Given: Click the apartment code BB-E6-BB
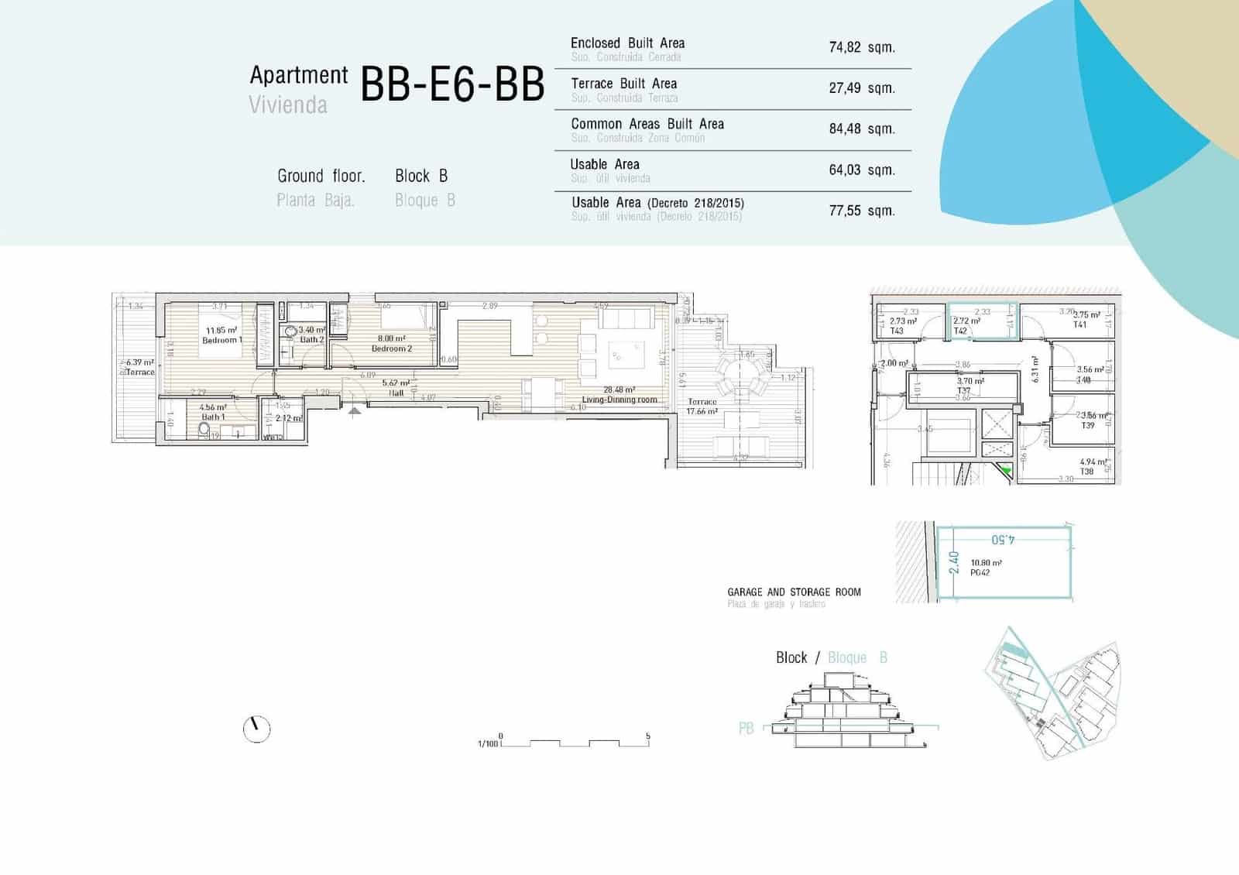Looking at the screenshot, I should (x=452, y=84).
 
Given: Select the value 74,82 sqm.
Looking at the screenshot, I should (x=861, y=47).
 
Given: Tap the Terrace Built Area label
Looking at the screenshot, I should (x=623, y=84).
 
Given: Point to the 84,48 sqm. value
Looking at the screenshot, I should (x=861, y=129).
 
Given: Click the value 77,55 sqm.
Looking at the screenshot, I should (x=861, y=211).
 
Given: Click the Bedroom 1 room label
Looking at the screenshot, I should (x=221, y=340).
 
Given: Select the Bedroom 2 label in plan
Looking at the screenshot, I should (x=392, y=348).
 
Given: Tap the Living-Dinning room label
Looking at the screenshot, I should (x=619, y=400).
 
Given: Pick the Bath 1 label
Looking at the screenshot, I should (x=213, y=417).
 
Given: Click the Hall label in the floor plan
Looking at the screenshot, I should (x=396, y=393).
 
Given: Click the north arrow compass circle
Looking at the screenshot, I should (x=256, y=729).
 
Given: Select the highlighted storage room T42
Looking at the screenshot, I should (x=981, y=321).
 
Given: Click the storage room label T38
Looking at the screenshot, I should (x=1086, y=472).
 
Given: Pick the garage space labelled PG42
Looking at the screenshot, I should (x=1004, y=562).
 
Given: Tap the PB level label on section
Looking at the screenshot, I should (x=746, y=729).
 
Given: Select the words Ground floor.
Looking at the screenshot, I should (x=321, y=176).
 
